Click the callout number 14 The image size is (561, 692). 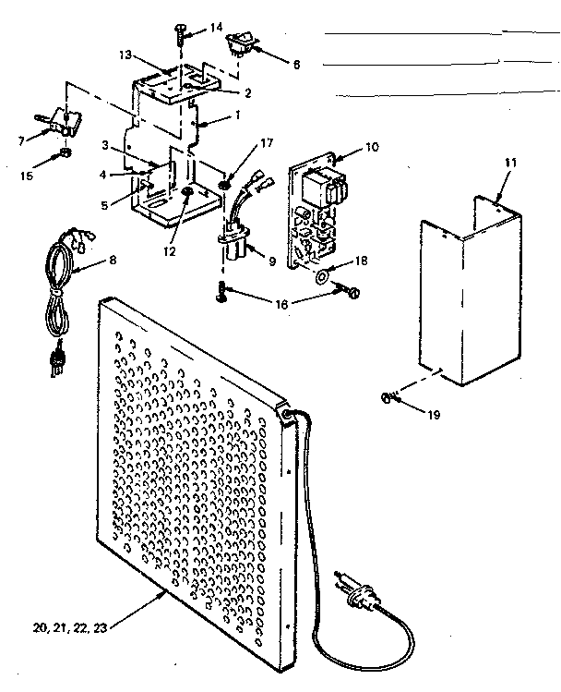point(216,28)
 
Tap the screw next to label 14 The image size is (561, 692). point(178,36)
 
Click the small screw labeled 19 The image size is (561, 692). point(389,398)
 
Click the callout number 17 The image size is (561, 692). point(267,143)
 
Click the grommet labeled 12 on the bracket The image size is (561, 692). point(187,192)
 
